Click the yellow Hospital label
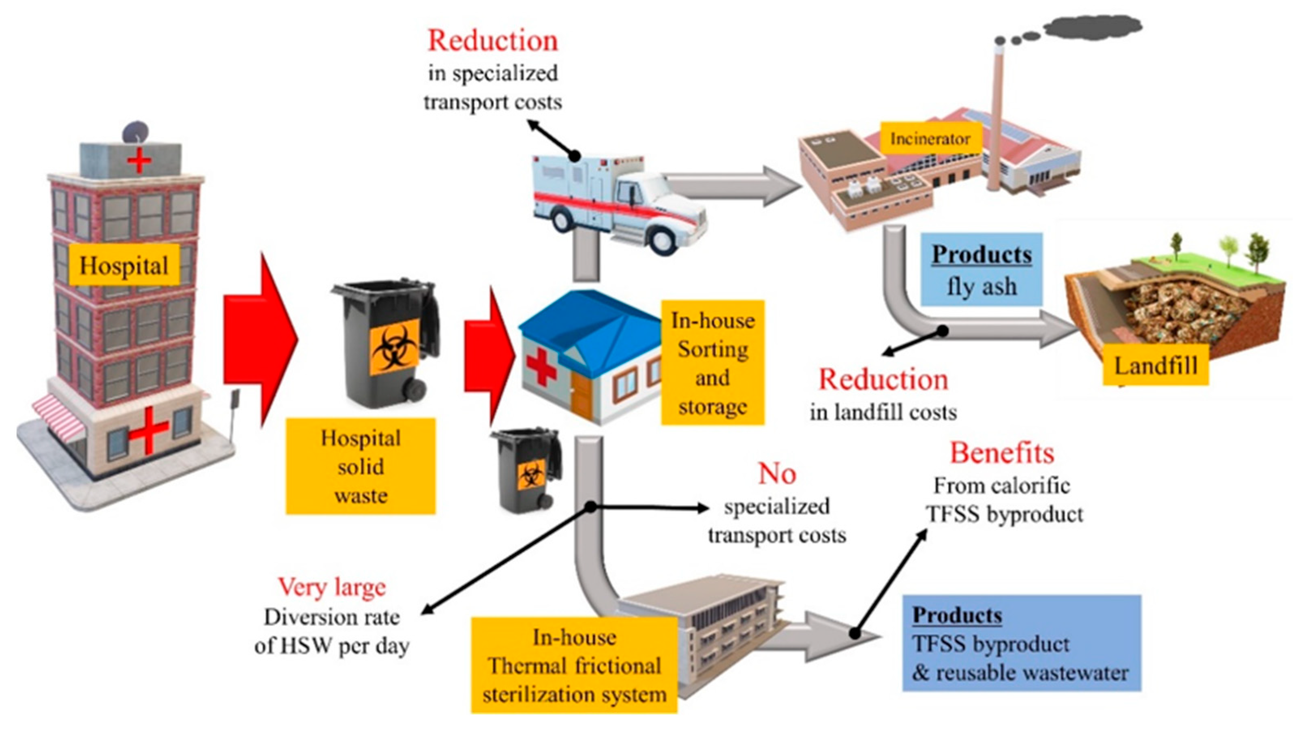point(124,265)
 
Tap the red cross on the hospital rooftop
point(139,162)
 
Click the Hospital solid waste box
point(360,466)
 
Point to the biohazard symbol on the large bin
point(395,348)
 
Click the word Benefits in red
point(1002,453)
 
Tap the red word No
point(777,473)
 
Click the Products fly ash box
point(981,270)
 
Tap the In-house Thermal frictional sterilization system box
point(574,666)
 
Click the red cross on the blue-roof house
point(541,368)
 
